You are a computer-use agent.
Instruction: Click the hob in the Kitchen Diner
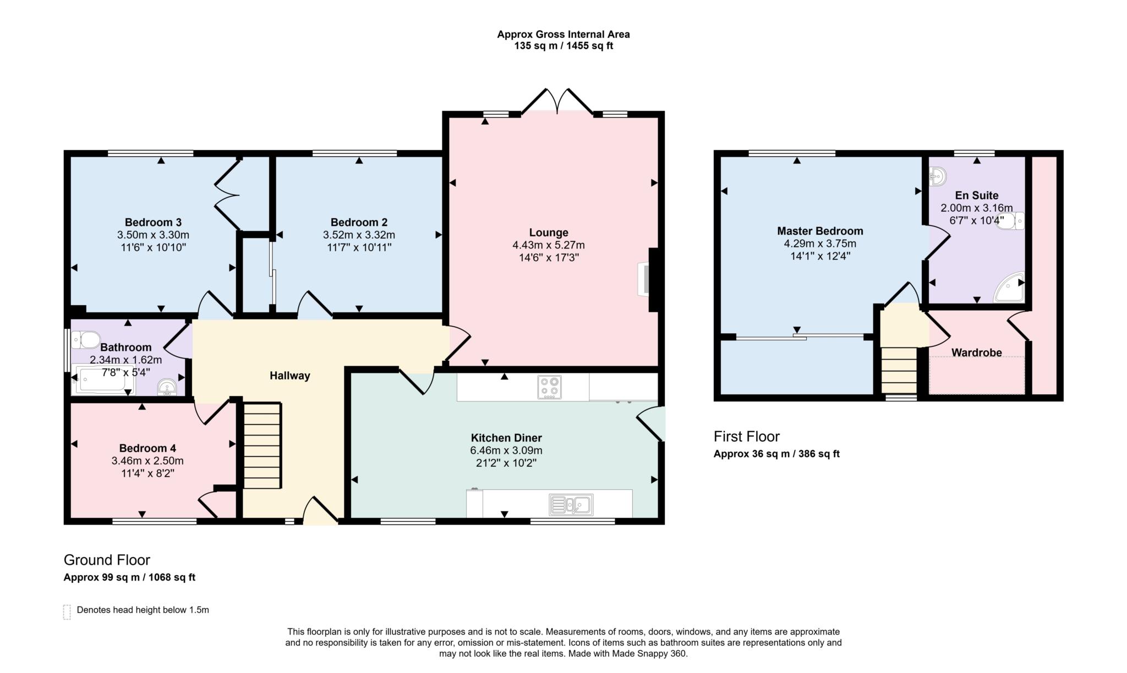click(x=549, y=387)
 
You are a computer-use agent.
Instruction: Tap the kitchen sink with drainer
click(x=571, y=504)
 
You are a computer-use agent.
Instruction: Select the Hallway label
click(x=289, y=376)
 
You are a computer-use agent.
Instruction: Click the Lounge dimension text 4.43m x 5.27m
click(x=548, y=245)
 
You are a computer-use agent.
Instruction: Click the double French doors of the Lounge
click(x=557, y=102)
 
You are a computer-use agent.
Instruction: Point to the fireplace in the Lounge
click(x=644, y=279)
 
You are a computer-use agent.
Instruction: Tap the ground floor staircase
click(x=262, y=445)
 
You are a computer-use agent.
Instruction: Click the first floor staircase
click(x=899, y=369)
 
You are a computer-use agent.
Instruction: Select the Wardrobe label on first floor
click(x=976, y=352)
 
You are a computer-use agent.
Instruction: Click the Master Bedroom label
click(x=819, y=231)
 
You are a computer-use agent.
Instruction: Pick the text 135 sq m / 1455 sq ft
click(x=563, y=46)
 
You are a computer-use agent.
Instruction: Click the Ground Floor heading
click(x=107, y=560)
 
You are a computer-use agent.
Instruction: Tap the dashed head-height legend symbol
click(x=67, y=611)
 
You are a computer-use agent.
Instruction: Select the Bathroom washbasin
click(x=167, y=388)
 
